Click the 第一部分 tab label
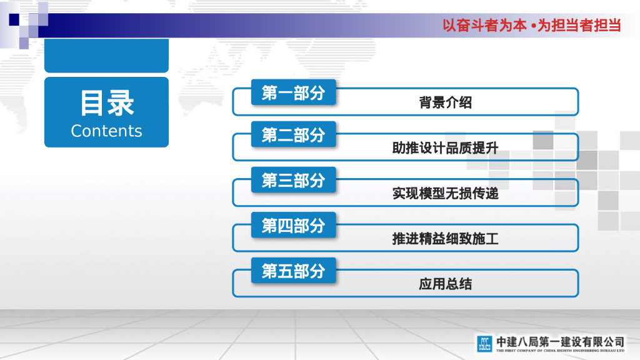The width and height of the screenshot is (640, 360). pyautogui.click(x=293, y=93)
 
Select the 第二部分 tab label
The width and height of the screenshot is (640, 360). pyautogui.click(x=293, y=134)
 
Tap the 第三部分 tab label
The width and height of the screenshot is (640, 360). pyautogui.click(x=293, y=180)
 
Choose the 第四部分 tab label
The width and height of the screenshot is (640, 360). pyautogui.click(x=293, y=226)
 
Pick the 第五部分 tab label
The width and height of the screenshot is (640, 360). pyautogui.click(x=293, y=271)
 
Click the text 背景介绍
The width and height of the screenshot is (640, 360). pyautogui.click(x=445, y=103)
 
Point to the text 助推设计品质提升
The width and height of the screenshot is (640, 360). pyautogui.click(x=445, y=148)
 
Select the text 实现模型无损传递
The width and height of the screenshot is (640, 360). pyautogui.click(x=445, y=194)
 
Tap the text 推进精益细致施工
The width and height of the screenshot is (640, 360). pyautogui.click(x=445, y=239)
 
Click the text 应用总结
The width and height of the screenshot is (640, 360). pyautogui.click(x=445, y=284)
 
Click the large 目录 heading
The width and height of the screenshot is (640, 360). pyautogui.click(x=106, y=103)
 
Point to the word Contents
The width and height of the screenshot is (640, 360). pyautogui.click(x=106, y=131)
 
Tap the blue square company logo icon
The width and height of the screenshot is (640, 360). pyautogui.click(x=484, y=344)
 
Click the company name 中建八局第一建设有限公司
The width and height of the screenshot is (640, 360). pyautogui.click(x=560, y=341)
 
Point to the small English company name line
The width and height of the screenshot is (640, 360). pyautogui.click(x=560, y=351)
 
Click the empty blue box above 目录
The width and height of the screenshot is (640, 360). pyautogui.click(x=106, y=56)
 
